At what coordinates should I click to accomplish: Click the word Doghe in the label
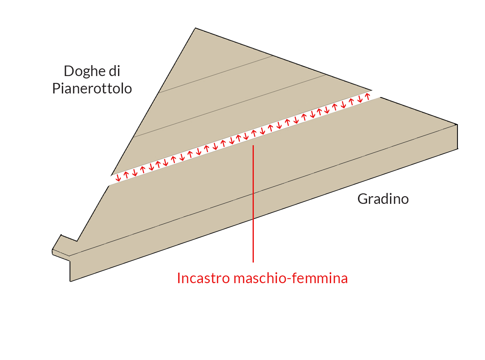point(84,72)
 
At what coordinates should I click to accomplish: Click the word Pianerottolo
point(92,89)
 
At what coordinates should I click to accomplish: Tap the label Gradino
point(383,199)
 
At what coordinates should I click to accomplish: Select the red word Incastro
point(203,278)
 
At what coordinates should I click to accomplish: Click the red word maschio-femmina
point(291,278)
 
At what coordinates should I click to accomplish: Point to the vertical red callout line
point(253,204)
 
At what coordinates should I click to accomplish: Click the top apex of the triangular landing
point(195,28)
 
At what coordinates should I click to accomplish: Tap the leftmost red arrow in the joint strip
point(118,178)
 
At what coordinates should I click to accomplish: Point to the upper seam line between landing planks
point(215,74)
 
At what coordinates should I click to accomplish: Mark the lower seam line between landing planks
point(230,106)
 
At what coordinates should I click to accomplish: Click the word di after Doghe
point(114,71)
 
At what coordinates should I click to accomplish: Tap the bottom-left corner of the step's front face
point(70,282)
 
